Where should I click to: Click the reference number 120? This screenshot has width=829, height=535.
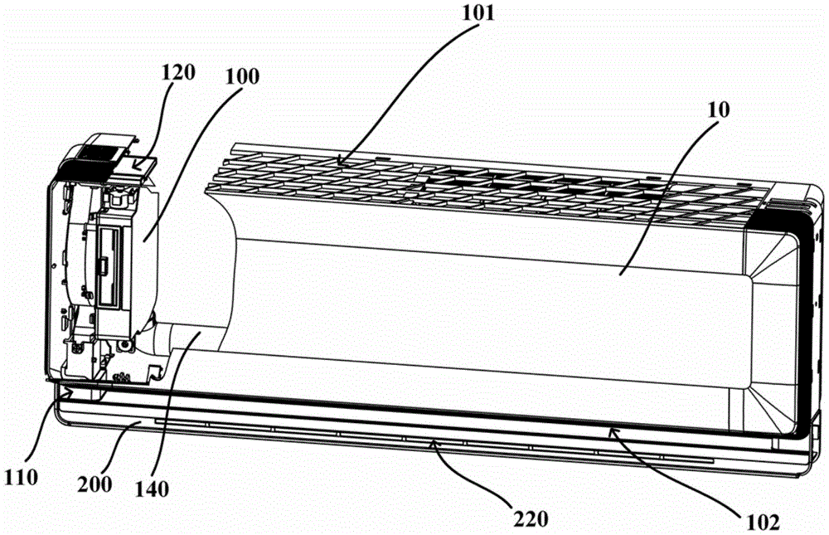tap(179, 71)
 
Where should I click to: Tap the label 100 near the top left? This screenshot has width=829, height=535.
tap(241, 76)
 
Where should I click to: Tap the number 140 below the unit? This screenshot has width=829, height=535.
tap(154, 489)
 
